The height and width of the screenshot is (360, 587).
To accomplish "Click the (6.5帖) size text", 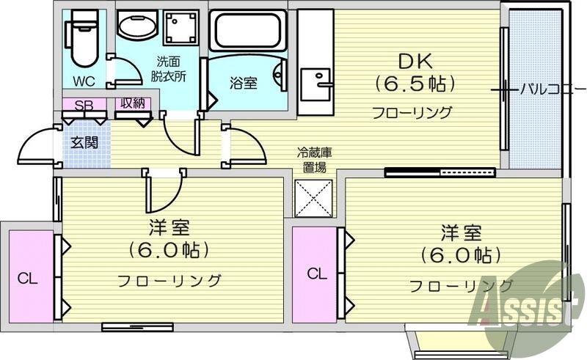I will tap(413, 84).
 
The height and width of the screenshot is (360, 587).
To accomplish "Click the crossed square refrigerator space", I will tap(314, 196).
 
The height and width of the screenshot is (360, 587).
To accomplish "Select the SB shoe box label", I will tap(83, 106).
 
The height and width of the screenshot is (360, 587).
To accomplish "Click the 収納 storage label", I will tap(132, 105).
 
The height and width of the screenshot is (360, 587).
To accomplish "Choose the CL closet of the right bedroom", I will tap(316, 274).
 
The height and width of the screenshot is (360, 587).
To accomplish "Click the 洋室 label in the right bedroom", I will tap(460, 233).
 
